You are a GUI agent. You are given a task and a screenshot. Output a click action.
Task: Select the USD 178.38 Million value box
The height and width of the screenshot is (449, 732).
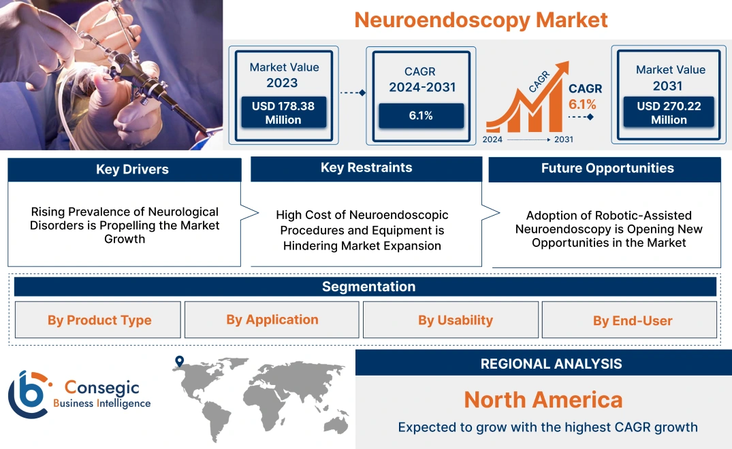click(283, 112)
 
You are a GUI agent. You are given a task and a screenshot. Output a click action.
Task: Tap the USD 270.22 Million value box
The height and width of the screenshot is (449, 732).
click(669, 112)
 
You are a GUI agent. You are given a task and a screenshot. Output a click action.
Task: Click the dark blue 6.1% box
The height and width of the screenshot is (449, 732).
click(421, 116)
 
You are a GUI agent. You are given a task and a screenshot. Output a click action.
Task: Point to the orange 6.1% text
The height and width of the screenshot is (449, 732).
click(582, 104)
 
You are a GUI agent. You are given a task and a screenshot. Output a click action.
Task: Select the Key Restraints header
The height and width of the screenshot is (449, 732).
click(366, 168)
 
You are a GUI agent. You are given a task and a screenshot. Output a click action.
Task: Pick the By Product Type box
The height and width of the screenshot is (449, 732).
click(99, 320)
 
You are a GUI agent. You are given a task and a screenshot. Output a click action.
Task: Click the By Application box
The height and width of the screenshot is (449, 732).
click(272, 319)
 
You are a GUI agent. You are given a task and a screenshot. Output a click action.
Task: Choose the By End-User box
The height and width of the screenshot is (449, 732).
click(632, 320)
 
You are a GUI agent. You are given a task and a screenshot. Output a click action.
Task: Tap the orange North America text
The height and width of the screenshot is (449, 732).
click(543, 399)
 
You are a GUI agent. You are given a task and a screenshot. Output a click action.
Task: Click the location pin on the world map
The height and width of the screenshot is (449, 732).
click(179, 361)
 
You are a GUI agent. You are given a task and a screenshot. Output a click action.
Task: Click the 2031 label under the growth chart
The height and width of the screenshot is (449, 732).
click(564, 139)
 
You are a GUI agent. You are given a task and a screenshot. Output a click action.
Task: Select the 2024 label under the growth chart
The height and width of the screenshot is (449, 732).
click(493, 139)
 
